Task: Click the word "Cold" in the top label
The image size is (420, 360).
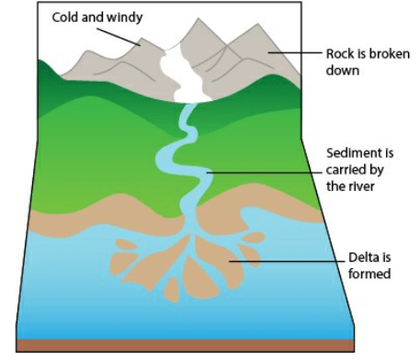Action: [65, 17]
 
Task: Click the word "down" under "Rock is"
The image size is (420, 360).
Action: [343, 71]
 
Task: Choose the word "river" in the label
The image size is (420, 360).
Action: [361, 186]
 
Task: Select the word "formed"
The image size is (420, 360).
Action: [369, 274]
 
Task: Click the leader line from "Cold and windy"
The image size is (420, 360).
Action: [119, 37]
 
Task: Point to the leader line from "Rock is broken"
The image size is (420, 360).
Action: [295, 52]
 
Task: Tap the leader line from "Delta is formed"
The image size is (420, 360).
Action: [287, 262]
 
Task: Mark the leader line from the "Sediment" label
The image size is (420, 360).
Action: [264, 173]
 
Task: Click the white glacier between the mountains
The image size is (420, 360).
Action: [184, 76]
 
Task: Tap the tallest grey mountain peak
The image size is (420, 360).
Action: [199, 19]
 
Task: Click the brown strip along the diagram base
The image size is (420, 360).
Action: [186, 345]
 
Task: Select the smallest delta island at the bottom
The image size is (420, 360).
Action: [172, 290]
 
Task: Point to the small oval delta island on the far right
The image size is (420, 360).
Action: [254, 238]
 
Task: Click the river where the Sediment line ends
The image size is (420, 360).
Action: [206, 173]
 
